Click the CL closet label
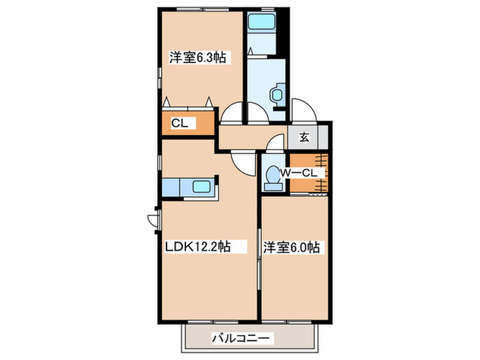[180, 123]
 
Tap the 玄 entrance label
[304, 136]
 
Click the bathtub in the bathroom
[261, 23]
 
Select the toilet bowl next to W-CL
[273, 176]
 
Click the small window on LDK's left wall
[153, 220]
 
